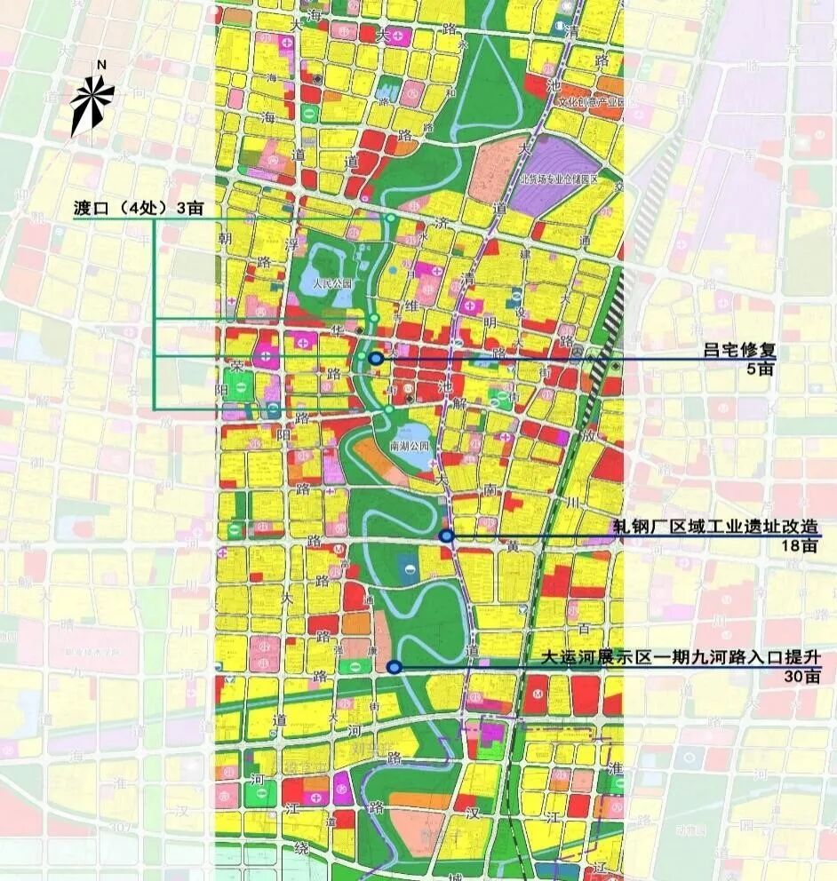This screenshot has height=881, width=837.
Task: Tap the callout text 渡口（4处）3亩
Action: (139, 209)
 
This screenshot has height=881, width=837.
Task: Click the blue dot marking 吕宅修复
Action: (376, 358)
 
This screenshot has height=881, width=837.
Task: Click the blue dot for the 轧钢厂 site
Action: (446, 536)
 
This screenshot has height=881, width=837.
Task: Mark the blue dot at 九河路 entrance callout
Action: (395, 667)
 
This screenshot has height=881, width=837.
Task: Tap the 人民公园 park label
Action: (333, 285)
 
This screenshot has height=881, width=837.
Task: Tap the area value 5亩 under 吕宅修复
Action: (761, 368)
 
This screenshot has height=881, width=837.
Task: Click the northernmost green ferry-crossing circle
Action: (390, 218)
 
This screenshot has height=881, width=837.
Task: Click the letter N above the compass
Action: (101, 65)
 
